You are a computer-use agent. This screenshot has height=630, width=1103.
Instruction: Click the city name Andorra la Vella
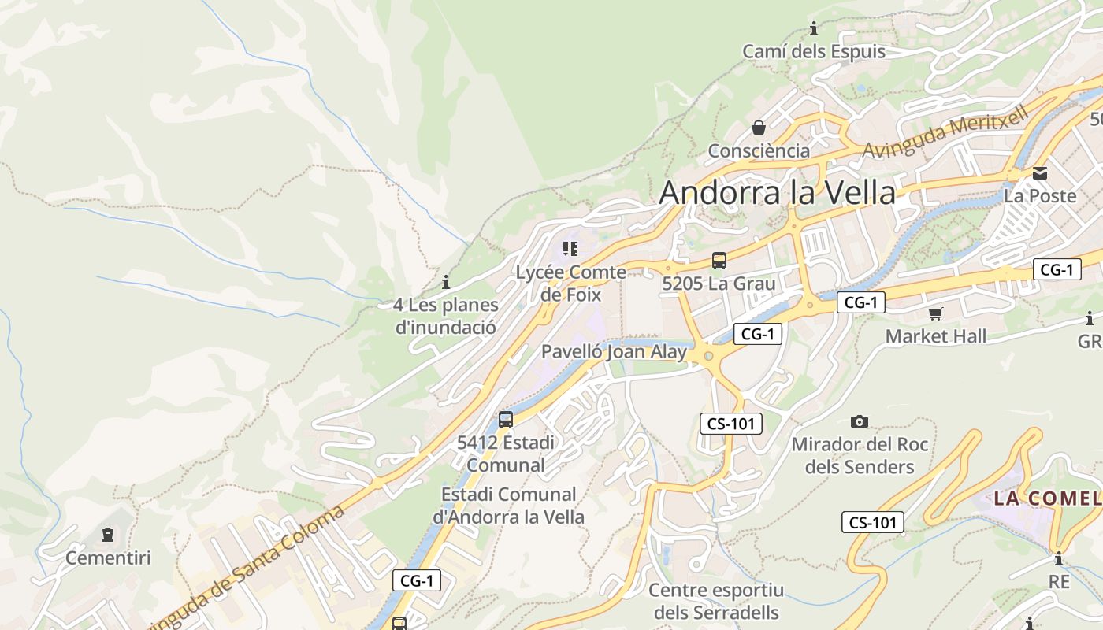[777, 193]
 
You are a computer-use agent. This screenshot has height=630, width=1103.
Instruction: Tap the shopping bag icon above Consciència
[759, 128]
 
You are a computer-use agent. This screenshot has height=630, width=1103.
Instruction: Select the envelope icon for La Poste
[1040, 173]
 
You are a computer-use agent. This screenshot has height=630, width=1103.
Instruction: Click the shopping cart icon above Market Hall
[935, 314]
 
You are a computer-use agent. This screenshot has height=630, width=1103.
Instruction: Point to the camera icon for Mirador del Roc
[860, 422]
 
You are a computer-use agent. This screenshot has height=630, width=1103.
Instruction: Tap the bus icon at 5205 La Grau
[719, 261]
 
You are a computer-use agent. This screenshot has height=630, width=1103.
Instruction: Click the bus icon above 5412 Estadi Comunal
[506, 420]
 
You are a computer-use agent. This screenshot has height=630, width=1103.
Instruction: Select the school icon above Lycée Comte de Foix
[570, 250]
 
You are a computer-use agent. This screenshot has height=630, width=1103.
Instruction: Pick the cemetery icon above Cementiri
[107, 535]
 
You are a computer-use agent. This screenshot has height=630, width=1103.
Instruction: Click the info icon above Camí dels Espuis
[814, 30]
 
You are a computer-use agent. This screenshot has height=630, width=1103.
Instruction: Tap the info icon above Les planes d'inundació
[446, 282]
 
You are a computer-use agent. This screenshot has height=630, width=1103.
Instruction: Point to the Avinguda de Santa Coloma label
[244, 569]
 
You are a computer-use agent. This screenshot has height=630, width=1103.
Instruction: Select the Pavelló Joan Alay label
[615, 352]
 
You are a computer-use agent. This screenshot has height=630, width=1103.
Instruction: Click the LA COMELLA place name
[1047, 498]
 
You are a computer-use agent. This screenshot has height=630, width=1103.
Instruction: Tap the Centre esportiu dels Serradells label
[716, 601]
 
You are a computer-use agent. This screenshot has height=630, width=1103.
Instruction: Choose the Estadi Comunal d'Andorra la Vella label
[508, 506]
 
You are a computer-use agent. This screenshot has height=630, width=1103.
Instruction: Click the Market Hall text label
[935, 336]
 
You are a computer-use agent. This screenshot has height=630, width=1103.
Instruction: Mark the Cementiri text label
[108, 558]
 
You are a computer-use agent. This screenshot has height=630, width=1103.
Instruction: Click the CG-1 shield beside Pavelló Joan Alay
[757, 334]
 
